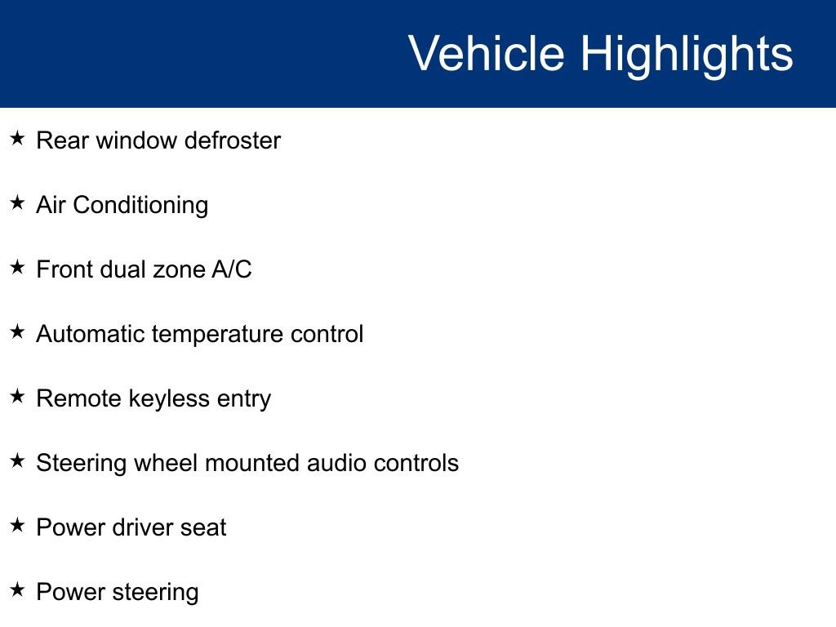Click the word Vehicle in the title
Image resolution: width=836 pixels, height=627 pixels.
pyautogui.click(x=487, y=53)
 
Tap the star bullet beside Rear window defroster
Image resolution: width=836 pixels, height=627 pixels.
pyautogui.click(x=18, y=138)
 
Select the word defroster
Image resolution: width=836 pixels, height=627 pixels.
pyautogui.click(x=233, y=140)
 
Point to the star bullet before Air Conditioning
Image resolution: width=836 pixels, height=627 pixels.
pyautogui.click(x=18, y=202)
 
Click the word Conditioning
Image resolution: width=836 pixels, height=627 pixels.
pyautogui.click(x=140, y=206)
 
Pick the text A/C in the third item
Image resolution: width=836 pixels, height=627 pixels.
pyautogui.click(x=232, y=269)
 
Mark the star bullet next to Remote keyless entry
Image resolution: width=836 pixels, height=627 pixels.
pyautogui.click(x=18, y=396)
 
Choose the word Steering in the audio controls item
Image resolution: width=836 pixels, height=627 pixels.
pyautogui.click(x=82, y=464)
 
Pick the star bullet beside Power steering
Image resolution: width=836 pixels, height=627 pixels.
pyautogui.click(x=18, y=589)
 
